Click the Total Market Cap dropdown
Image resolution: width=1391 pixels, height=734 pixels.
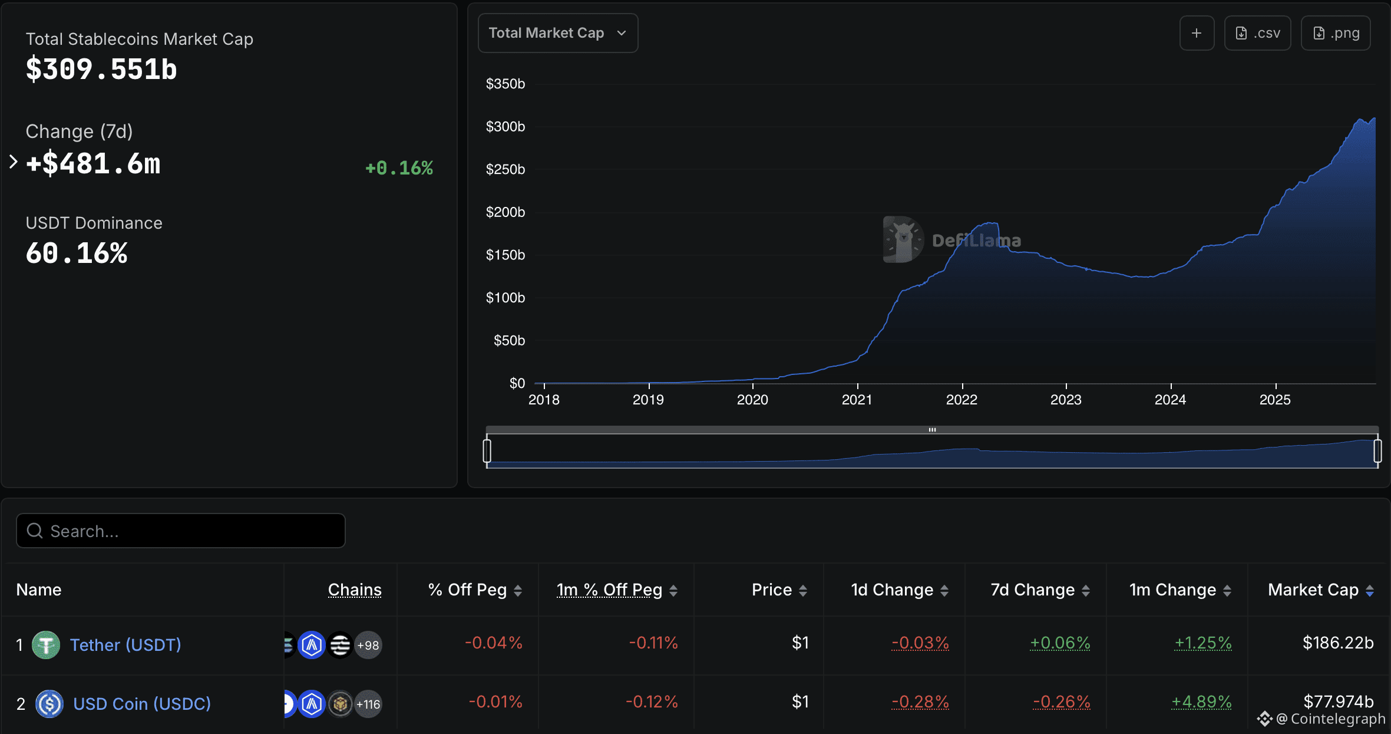coord(557,33)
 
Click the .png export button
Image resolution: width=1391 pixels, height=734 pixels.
coord(1336,33)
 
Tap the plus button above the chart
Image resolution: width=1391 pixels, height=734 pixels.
coord(1197,33)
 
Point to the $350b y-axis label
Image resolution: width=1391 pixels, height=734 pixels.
coord(505,84)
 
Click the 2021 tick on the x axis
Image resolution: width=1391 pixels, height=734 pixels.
coord(857,399)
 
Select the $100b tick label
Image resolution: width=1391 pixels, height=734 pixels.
coord(505,298)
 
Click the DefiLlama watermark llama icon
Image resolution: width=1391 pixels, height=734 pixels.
coord(903,239)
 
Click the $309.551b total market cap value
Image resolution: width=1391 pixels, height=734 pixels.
coord(101,70)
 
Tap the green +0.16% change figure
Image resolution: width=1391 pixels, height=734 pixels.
coord(399,168)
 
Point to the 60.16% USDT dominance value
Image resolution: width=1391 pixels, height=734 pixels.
coord(77,254)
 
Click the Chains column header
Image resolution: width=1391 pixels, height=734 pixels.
coord(355,590)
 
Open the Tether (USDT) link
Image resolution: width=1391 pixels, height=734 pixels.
coord(125,644)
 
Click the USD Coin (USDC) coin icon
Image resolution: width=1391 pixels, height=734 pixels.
coord(49,703)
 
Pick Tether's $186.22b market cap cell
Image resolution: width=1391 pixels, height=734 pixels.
coord(1337,643)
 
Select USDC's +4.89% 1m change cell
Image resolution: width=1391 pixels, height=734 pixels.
coord(1201,702)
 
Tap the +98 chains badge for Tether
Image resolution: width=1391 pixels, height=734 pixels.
coord(368,645)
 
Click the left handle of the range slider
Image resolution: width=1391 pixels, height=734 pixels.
coord(487,451)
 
